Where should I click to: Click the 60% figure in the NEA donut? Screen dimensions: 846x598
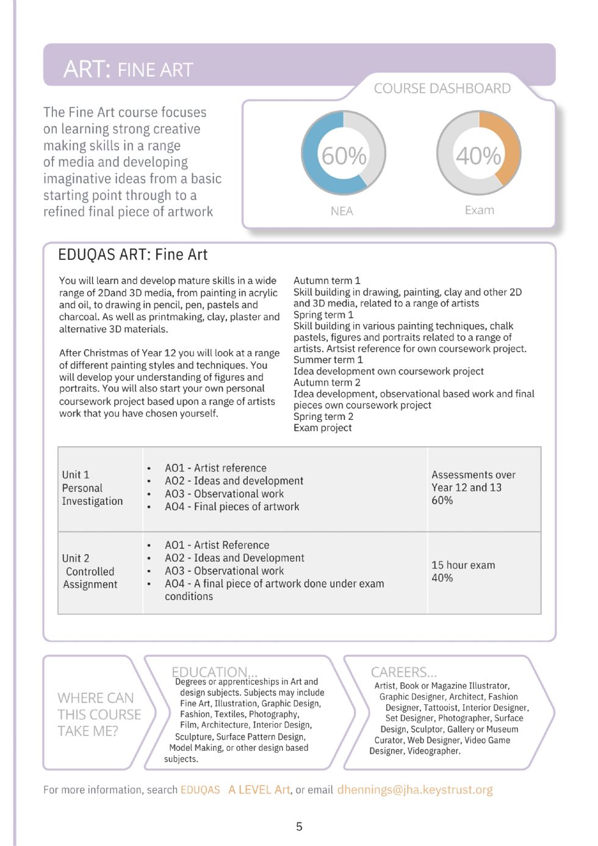click(344, 156)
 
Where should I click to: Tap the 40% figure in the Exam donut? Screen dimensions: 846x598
click(478, 156)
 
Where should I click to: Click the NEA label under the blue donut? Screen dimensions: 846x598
click(342, 211)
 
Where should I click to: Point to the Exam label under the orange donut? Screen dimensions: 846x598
click(480, 210)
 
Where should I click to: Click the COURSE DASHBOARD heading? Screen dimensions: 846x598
click(442, 89)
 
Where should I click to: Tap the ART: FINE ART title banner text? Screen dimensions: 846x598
click(128, 70)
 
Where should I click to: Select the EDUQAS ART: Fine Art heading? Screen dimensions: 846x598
click(132, 255)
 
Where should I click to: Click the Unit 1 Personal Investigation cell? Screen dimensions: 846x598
click(92, 488)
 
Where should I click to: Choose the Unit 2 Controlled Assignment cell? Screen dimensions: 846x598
click(90, 571)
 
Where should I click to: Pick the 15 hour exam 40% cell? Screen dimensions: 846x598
click(463, 571)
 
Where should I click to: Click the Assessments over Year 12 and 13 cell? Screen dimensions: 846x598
click(473, 487)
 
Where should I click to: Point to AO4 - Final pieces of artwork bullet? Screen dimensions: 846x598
click(232, 507)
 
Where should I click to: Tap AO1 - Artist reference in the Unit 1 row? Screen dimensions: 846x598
click(215, 468)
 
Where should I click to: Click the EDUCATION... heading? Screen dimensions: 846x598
click(209, 671)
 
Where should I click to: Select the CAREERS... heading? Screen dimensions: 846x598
click(403, 672)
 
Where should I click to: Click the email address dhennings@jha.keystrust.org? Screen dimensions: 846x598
click(415, 790)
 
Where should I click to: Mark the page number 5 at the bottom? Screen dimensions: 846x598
click(299, 826)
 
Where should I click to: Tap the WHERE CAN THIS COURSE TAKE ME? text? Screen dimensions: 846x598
click(99, 714)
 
